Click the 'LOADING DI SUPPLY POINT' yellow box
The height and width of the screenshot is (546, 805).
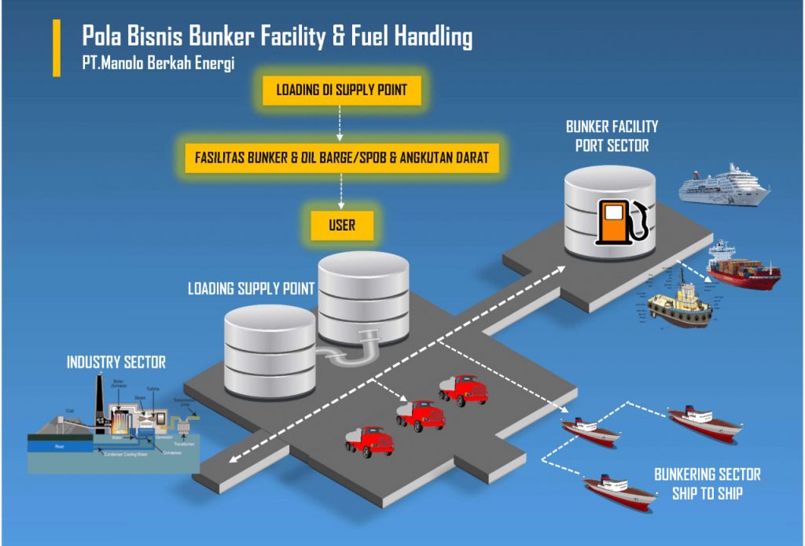[342, 90]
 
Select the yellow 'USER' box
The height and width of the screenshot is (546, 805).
[342, 225]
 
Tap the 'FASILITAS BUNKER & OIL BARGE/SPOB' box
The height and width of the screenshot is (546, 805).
[342, 157]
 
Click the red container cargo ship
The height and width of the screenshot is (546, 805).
[743, 267]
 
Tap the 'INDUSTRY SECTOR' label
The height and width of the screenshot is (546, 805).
[116, 363]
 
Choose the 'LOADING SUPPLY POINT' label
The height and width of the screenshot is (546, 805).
[251, 289]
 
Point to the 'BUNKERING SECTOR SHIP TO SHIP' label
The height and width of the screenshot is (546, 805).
[707, 484]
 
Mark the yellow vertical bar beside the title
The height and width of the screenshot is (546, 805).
[57, 48]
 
